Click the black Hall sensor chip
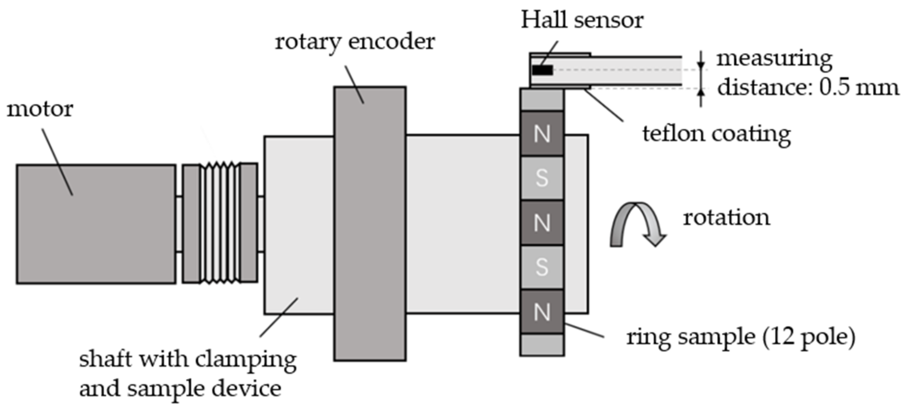point(542,70)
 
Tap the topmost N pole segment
point(542,134)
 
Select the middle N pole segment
point(542,223)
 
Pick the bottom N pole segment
point(542,312)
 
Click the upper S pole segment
point(542,178)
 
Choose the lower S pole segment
point(542,268)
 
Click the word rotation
point(726,218)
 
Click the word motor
point(40,110)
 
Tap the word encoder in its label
point(391,42)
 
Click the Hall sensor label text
point(582,20)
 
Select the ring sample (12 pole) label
point(740,337)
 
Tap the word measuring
point(774,59)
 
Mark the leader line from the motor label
point(58,162)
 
